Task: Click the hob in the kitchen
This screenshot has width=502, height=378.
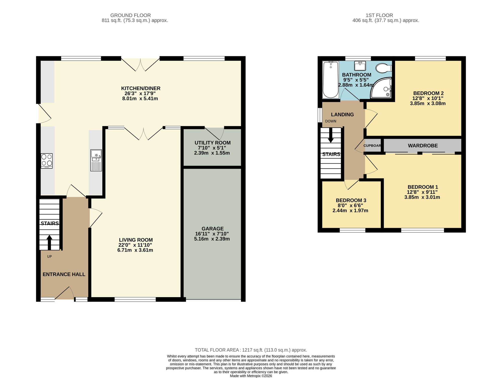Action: point(47,161)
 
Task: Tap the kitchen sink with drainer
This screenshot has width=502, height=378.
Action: point(96,160)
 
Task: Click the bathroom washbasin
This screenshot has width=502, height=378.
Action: point(360,66)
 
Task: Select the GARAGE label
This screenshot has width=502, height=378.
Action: point(212,228)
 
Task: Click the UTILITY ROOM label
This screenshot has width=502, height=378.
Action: point(212,143)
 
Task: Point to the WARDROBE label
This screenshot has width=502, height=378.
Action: point(423,146)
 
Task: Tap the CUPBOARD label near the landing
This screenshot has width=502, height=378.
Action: point(372,146)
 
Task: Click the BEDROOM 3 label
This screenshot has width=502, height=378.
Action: point(351,200)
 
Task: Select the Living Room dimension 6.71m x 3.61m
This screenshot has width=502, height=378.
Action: point(135,250)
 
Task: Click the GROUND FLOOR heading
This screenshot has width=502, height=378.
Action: point(131,15)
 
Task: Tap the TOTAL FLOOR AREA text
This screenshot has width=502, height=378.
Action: point(251,350)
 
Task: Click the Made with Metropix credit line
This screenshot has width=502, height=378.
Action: point(251,376)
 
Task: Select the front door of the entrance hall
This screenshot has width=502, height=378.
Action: point(64,294)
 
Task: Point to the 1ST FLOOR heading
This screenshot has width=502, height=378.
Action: point(379,15)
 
